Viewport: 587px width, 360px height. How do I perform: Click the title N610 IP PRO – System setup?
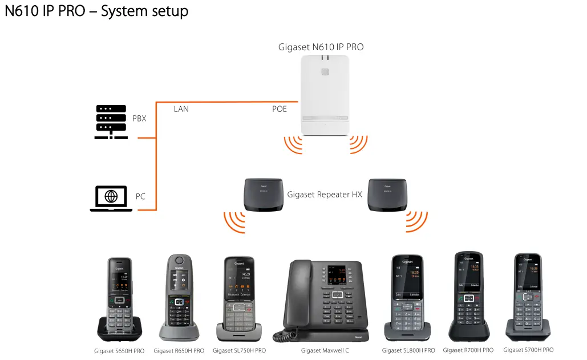pos(96,11)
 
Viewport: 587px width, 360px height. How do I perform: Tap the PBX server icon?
pos(111,121)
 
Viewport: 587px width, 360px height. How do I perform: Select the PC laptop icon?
pos(111,198)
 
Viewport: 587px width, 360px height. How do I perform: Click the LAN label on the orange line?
pos(181,109)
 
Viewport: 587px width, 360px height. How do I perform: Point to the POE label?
pos(280,109)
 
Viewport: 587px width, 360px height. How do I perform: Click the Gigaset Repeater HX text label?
pos(325,195)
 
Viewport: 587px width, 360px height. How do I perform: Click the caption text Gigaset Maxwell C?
pos(325,350)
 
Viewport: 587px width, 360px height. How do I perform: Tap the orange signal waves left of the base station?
pos(293,145)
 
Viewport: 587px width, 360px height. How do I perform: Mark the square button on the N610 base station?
pos(325,72)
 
